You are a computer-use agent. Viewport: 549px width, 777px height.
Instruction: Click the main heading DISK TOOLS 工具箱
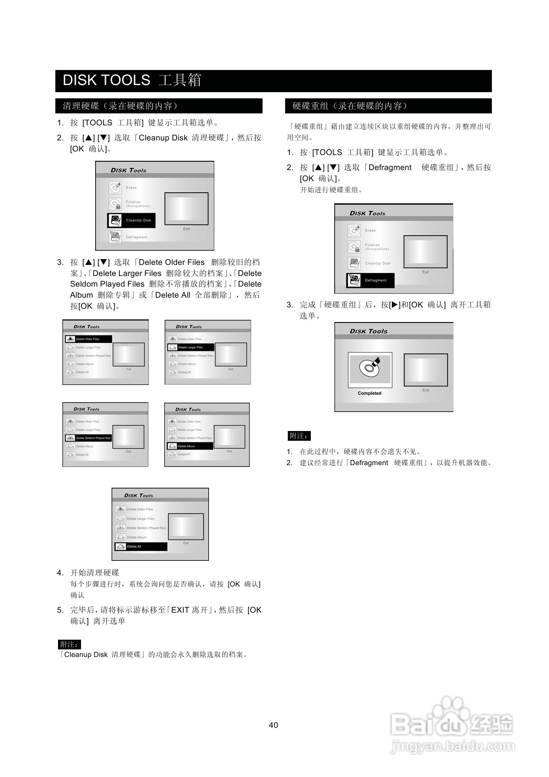(132, 80)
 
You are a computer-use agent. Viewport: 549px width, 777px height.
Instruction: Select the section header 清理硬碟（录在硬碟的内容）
(120, 106)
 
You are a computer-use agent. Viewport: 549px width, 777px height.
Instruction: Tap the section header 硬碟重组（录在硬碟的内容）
(350, 106)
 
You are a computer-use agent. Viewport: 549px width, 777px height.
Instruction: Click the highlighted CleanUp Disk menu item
(131, 220)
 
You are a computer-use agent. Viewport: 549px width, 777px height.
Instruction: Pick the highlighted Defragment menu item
(370, 280)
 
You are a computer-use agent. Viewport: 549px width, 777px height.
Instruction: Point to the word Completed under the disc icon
(369, 393)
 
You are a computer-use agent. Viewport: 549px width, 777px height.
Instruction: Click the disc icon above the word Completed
(370, 367)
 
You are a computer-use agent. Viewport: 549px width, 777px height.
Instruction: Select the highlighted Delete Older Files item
(88, 339)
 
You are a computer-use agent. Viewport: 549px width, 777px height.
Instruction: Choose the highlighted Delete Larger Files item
(190, 347)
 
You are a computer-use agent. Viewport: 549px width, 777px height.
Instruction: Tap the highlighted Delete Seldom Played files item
(89, 438)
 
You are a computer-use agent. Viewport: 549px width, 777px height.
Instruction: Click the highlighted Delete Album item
(189, 446)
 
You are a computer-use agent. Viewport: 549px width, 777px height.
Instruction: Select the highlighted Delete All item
(141, 547)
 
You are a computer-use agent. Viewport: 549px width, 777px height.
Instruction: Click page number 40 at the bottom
(274, 725)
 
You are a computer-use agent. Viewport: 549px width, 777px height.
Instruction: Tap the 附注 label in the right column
(299, 436)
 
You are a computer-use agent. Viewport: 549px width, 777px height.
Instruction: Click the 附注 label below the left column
(70, 645)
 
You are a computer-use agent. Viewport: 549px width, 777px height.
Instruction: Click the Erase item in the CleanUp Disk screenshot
(131, 187)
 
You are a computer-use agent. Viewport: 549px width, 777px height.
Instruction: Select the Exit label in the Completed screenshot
(425, 390)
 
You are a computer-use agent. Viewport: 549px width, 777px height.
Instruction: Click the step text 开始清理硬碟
(95, 573)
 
